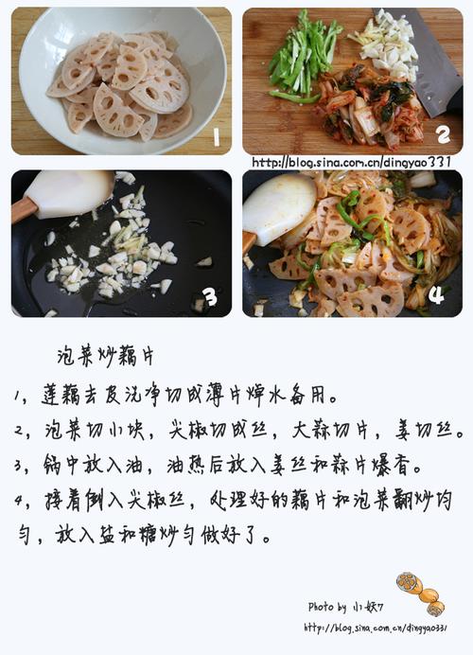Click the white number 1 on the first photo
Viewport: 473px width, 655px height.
click(217, 136)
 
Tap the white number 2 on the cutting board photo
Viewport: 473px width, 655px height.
click(443, 135)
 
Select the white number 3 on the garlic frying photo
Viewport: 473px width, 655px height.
click(210, 297)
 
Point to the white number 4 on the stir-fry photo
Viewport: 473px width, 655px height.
click(436, 295)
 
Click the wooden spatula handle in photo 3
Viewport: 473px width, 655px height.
click(23, 208)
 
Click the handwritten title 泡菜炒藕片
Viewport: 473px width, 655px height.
click(106, 356)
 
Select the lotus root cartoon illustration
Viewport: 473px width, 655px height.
click(420, 593)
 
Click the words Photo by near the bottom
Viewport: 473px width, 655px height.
click(327, 607)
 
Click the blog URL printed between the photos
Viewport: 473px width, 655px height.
click(352, 162)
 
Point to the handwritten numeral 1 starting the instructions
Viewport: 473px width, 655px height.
click(18, 396)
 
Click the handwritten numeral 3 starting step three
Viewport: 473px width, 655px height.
click(18, 466)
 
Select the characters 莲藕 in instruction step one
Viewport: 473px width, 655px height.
click(61, 395)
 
